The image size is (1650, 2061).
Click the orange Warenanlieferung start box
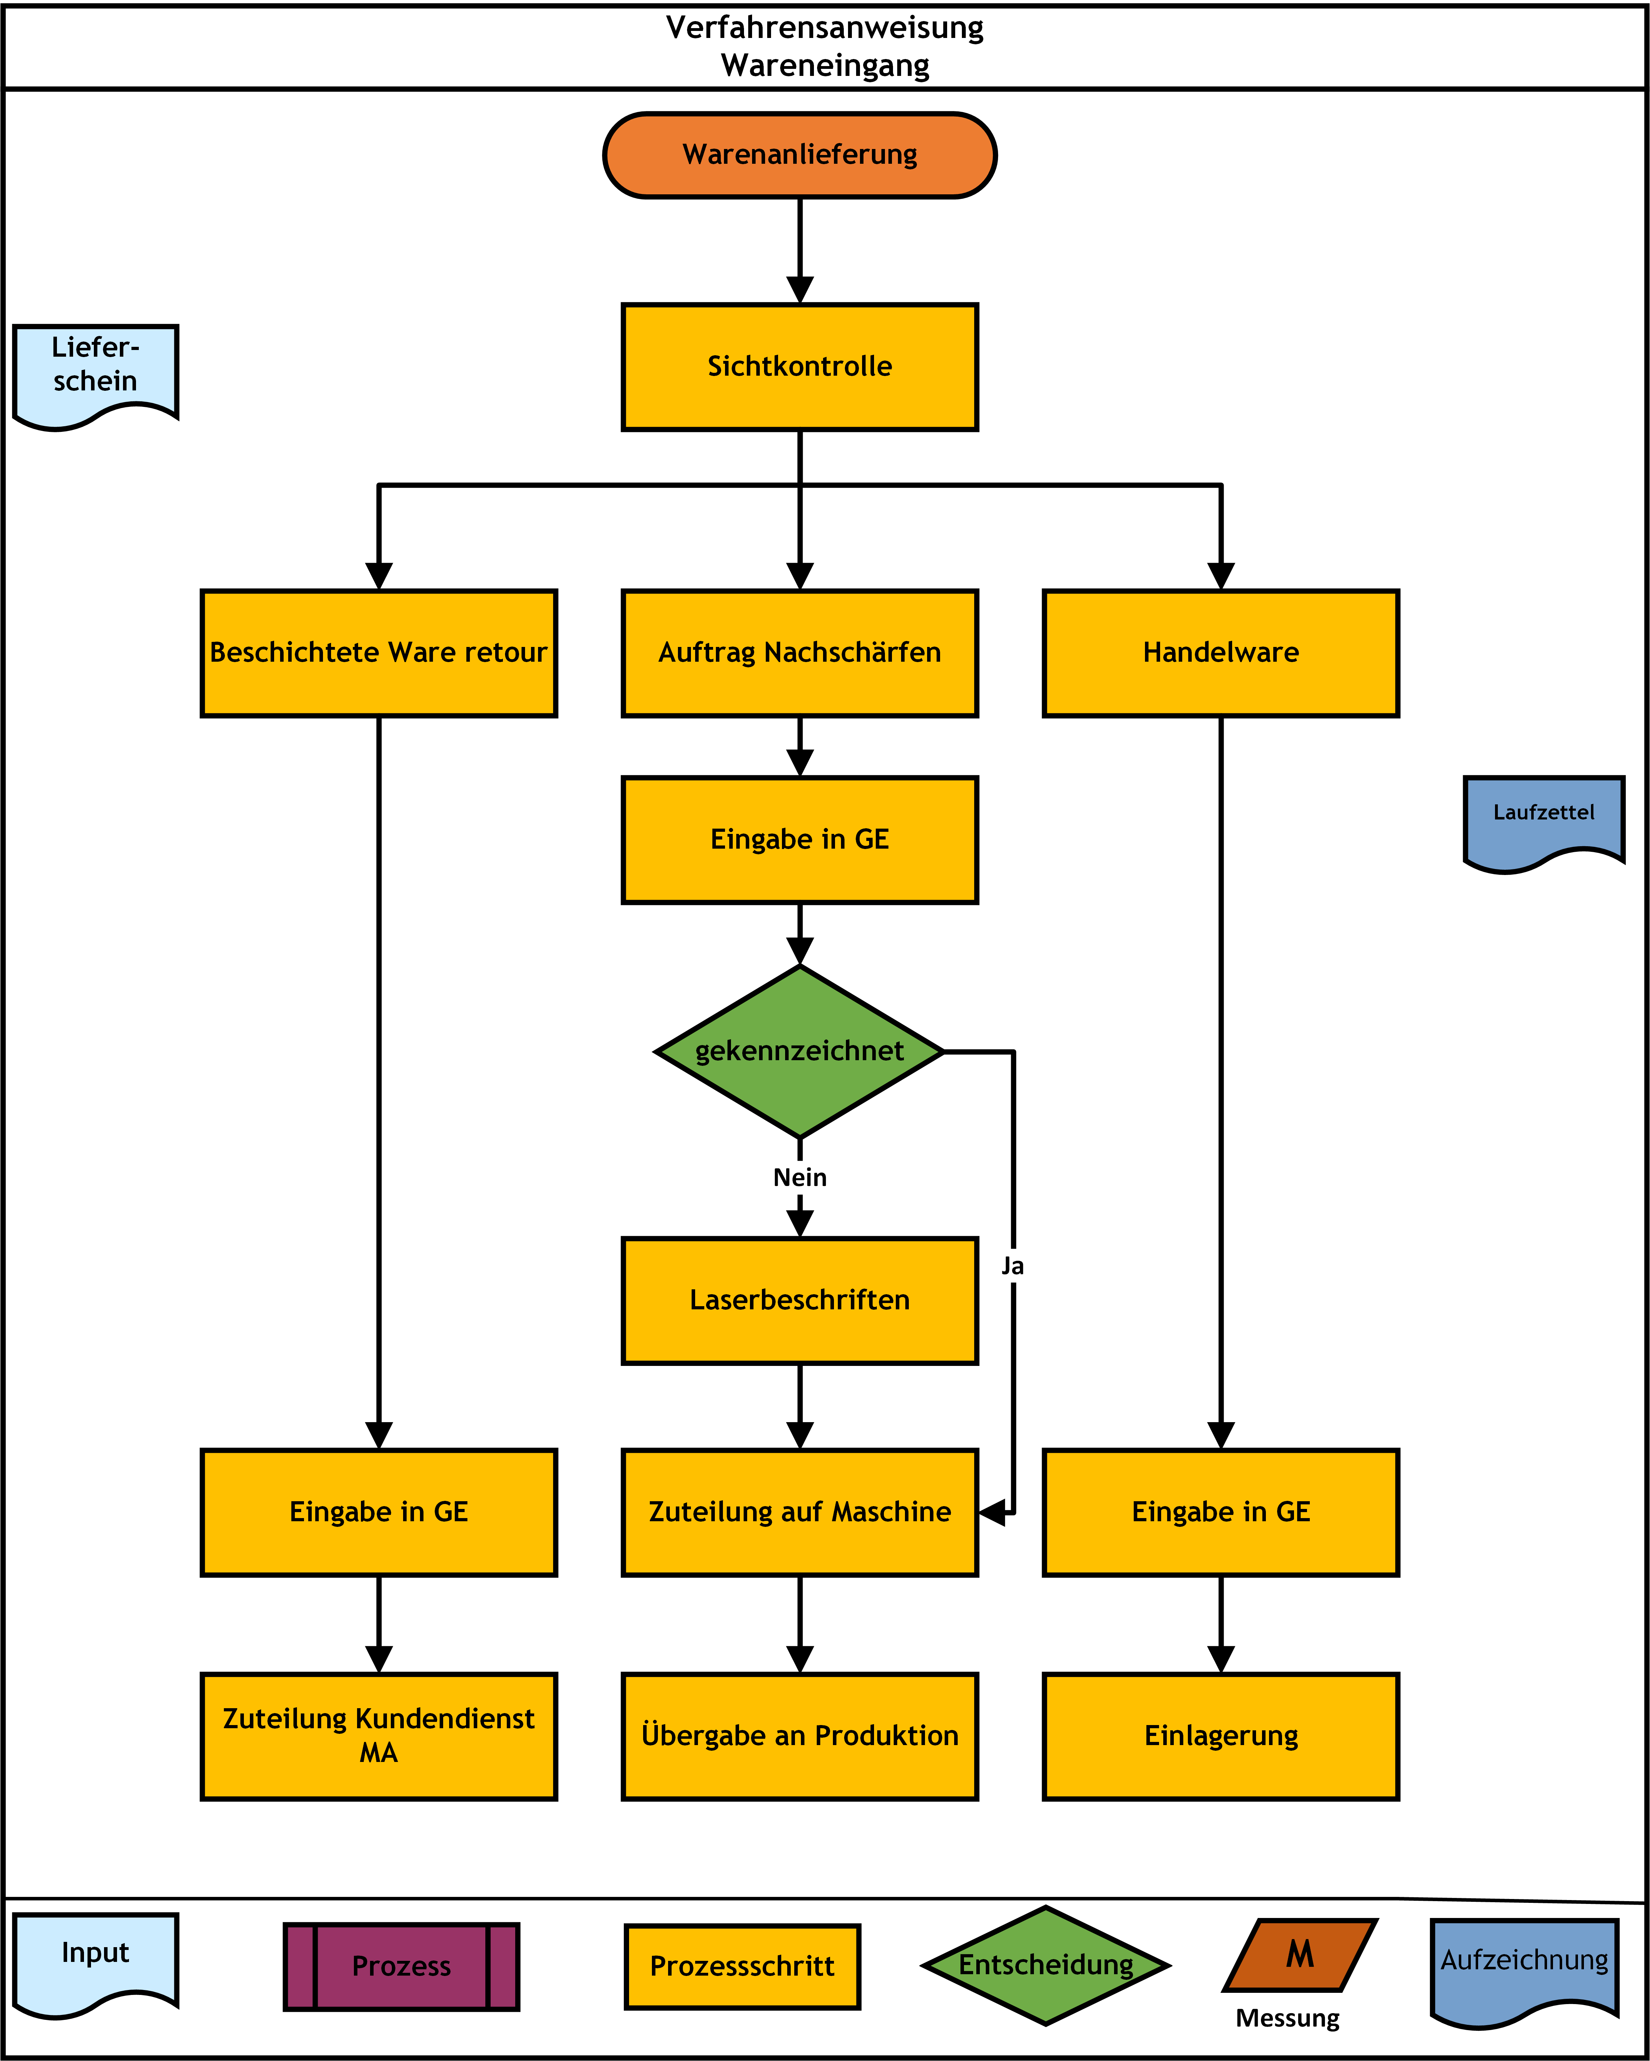tap(800, 155)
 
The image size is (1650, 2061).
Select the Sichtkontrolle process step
tap(800, 367)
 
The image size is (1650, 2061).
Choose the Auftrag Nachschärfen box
tap(800, 653)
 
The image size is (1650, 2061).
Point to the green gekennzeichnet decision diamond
tap(800, 1051)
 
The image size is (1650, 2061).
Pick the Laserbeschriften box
tap(800, 1300)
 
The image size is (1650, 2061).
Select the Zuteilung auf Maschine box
tap(800, 1512)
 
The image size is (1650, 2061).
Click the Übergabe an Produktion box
tap(800, 1736)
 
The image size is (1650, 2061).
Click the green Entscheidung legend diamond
tap(1046, 1965)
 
